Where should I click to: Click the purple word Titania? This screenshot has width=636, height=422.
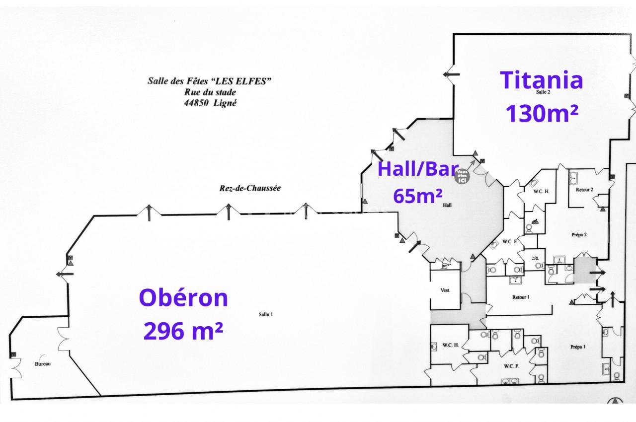pos(542,80)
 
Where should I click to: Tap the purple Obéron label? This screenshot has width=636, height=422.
pos(184,298)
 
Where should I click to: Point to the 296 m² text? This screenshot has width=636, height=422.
pos(183,331)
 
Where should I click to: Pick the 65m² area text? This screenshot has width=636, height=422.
pos(417,196)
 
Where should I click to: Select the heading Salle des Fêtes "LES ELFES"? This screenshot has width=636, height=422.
pos(209,81)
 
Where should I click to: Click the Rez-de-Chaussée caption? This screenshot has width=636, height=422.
pos(250,188)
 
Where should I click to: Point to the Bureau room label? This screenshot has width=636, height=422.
pos(43,363)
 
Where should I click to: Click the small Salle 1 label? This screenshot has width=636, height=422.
pos(266,314)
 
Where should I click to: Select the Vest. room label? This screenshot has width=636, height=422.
pos(445,290)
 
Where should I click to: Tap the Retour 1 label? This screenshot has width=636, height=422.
pos(521,297)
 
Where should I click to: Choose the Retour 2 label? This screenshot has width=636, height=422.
pos(584,190)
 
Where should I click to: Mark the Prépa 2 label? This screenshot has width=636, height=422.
pos(579,234)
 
